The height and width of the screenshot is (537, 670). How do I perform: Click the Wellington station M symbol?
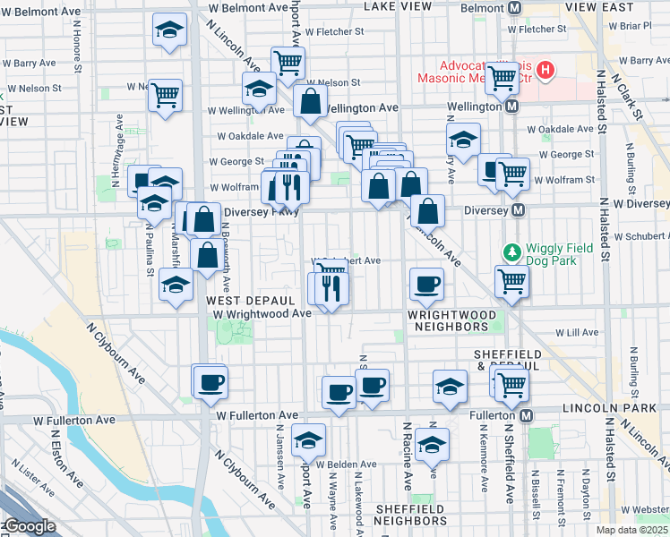(x=511, y=107)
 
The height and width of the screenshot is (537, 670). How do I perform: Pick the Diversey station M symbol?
(x=515, y=211)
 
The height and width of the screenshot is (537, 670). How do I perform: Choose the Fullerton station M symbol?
(x=527, y=415)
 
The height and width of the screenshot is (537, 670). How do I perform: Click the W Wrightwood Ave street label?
(x=262, y=313)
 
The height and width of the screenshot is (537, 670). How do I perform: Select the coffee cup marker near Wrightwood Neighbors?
(x=426, y=286)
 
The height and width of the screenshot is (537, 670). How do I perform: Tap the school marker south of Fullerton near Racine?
(x=433, y=445)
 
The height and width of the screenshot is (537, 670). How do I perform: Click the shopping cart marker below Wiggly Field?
(x=511, y=281)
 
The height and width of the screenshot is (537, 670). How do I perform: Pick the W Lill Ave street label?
(x=577, y=332)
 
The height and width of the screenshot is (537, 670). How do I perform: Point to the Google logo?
(x=29, y=526)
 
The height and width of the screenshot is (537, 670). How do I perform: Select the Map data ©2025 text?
(x=631, y=530)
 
